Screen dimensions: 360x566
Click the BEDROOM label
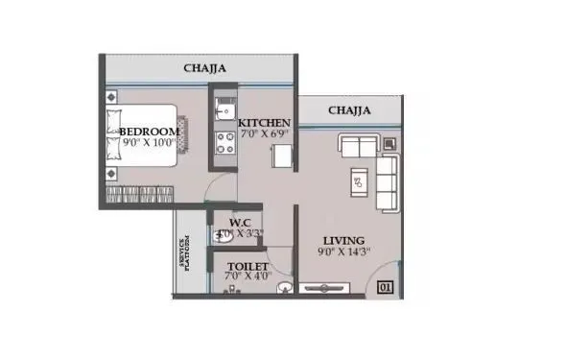pos(149,131)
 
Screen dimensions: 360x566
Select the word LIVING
pos(343,239)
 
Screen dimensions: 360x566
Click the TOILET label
pos(247,266)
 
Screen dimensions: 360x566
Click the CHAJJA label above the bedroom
pos(206,68)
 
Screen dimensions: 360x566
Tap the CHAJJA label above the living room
pos(350,110)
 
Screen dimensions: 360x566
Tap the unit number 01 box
pos(385,286)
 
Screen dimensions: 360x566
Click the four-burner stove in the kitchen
pos(225,143)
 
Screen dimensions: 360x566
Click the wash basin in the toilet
pos(283,285)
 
